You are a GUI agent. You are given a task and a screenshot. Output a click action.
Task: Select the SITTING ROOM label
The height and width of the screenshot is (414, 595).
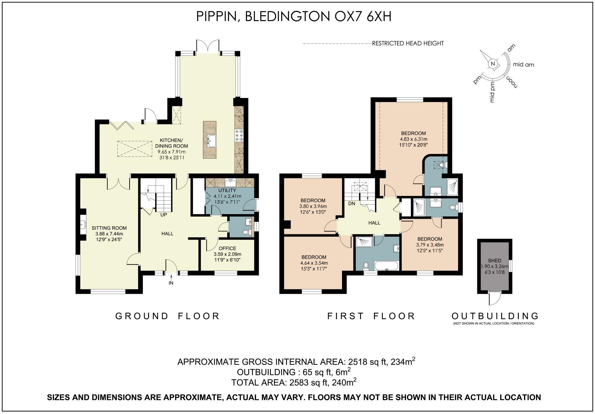click(109, 228)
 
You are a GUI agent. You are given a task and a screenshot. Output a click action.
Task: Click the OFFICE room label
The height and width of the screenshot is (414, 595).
click(227, 248)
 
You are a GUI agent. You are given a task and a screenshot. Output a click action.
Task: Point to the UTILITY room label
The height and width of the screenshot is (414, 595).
click(227, 190)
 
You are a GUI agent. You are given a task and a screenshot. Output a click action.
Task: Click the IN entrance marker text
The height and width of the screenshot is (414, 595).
click(171, 283)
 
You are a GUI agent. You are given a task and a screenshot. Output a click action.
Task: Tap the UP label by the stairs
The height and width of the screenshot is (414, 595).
click(164, 214)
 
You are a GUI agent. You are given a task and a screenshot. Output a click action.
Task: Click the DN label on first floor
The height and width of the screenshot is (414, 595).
click(351, 204)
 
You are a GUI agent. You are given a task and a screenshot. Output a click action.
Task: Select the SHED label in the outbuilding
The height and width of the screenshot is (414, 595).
click(494, 261)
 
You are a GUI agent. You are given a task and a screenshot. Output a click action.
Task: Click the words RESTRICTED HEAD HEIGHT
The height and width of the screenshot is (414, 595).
click(408, 43)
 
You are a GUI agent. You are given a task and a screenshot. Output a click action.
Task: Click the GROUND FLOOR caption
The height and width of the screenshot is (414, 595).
click(167, 316)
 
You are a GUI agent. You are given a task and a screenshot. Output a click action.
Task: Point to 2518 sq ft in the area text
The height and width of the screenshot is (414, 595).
click(368, 362)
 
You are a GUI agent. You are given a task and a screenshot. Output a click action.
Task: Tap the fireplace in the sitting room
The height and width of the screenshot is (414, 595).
click(82, 223)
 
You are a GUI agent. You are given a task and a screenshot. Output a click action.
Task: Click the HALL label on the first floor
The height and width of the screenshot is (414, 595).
click(374, 223)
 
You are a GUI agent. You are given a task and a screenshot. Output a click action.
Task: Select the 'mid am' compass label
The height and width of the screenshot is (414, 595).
click(524, 65)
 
